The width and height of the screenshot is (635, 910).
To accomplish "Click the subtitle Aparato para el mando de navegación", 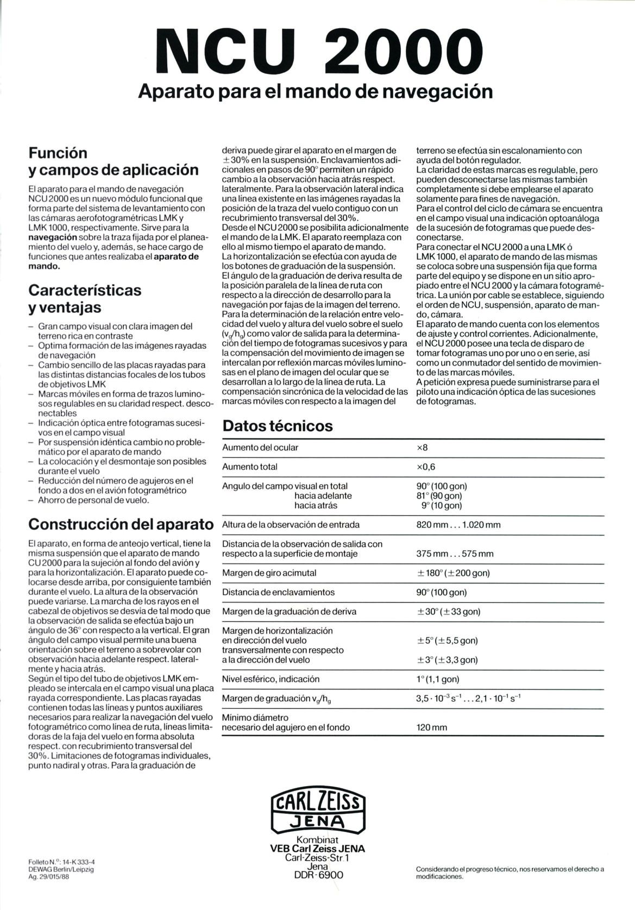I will click(x=316, y=91).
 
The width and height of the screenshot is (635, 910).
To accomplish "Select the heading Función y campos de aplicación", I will click(x=113, y=161).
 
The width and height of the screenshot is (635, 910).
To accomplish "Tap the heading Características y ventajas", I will click(x=85, y=298).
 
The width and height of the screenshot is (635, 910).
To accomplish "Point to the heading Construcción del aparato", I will click(x=121, y=524).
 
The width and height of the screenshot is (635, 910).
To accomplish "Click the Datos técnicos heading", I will click(x=278, y=426).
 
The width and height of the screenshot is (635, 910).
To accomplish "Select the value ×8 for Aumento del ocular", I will click(x=422, y=448).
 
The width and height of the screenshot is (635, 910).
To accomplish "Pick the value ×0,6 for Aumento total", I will click(x=426, y=467).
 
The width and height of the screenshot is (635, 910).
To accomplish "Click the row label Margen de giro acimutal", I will click(x=269, y=573).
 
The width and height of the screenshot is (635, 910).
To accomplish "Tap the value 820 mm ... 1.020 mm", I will click(x=458, y=525).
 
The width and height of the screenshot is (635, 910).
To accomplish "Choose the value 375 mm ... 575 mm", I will click(x=455, y=554).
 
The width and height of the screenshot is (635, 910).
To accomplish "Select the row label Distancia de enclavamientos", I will click(x=278, y=592).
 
